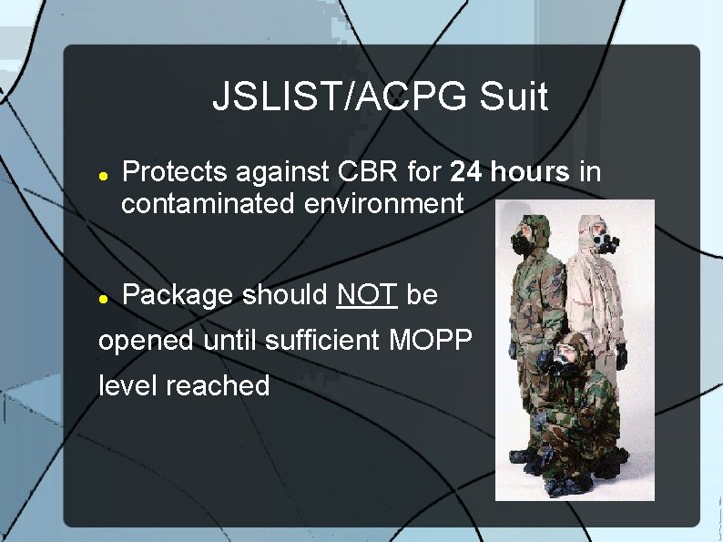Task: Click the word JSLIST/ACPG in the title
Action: click(x=340, y=97)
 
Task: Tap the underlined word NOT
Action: click(x=367, y=295)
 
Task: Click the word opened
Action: click(x=146, y=341)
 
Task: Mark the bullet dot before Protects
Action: click(x=104, y=173)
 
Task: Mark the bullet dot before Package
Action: click(x=104, y=297)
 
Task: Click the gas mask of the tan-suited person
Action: click(x=602, y=243)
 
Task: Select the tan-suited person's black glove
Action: click(x=622, y=356)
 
